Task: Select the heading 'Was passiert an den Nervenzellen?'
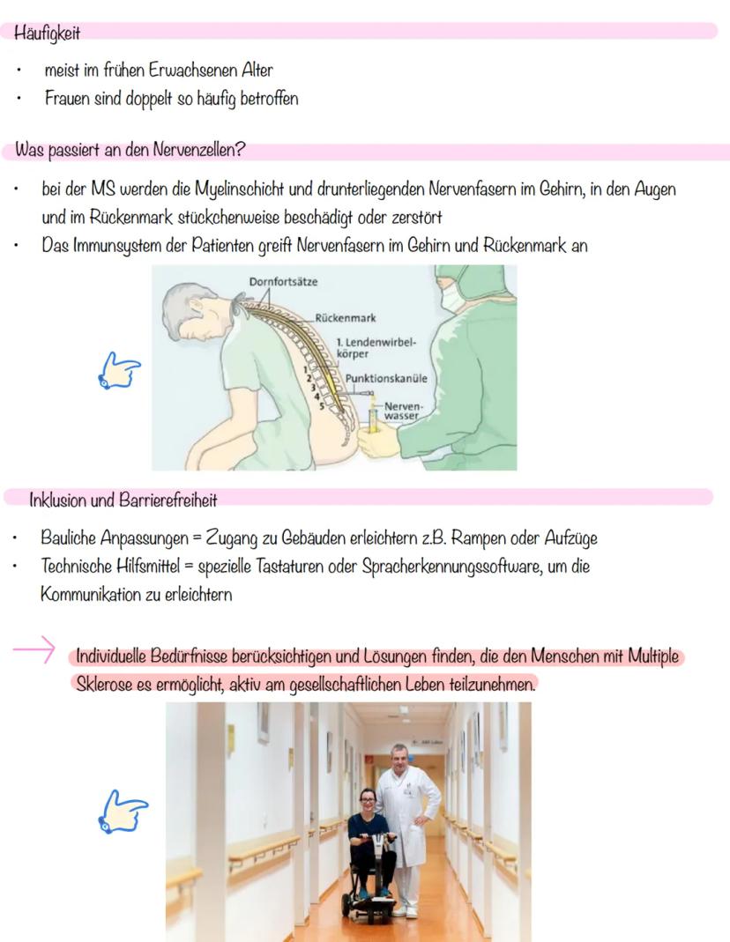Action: coord(130,151)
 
